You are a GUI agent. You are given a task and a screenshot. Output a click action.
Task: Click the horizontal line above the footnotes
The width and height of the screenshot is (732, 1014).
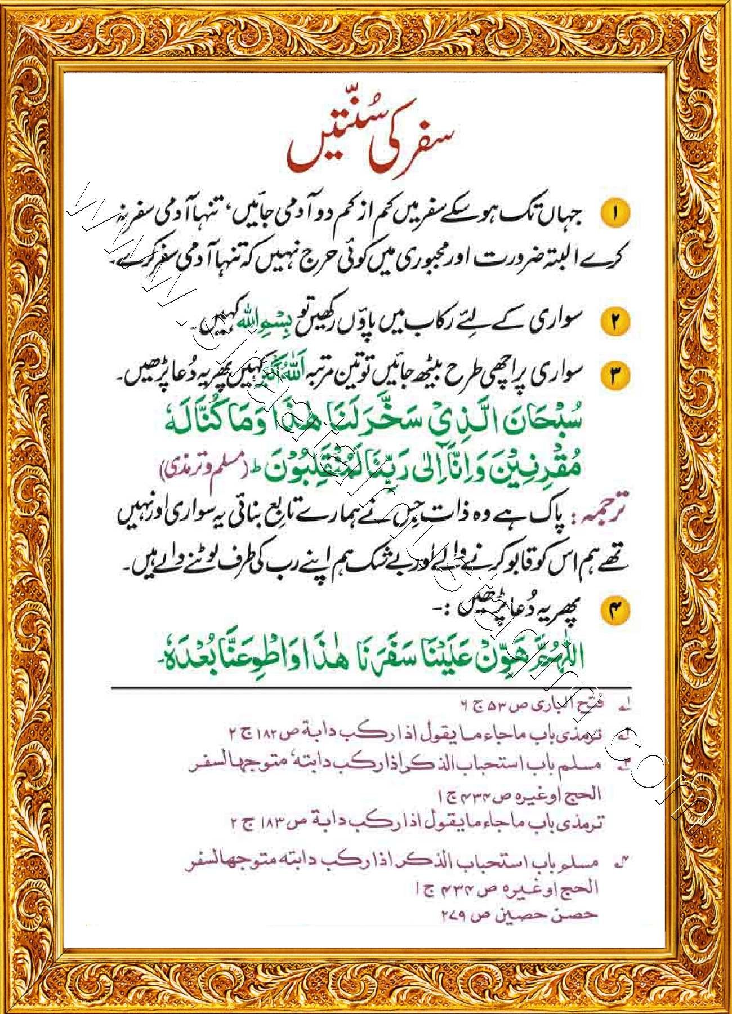[x=372, y=687]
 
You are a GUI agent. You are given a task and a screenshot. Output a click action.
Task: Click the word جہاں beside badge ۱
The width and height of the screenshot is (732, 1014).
[x=563, y=214]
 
